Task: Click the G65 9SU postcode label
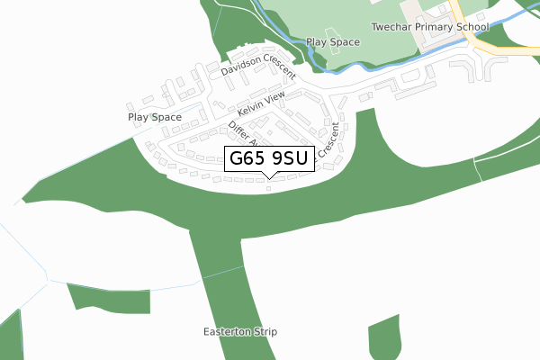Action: pos(268,159)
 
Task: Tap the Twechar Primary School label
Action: pos(429,27)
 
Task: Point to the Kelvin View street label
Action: pos(261,103)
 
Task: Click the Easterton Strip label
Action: pos(240,332)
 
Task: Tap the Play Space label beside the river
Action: pos(333,42)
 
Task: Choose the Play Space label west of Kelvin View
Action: pos(154,117)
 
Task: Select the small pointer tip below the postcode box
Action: pos(269,176)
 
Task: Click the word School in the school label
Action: pos(471,27)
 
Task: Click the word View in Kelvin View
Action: pos(275,97)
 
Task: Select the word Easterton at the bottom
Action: pos(227,332)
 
